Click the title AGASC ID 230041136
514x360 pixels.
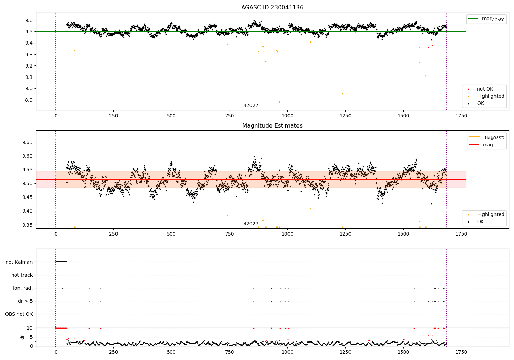(x=272, y=8)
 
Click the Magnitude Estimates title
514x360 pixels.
(x=272, y=126)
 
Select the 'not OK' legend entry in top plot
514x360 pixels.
(x=485, y=89)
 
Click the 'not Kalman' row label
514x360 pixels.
(x=19, y=262)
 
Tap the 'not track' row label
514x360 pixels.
(x=22, y=275)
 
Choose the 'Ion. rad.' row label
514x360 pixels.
(x=23, y=288)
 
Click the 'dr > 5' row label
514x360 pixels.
(x=25, y=301)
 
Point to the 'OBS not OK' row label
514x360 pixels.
(x=19, y=314)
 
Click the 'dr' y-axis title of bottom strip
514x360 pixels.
(x=22, y=337)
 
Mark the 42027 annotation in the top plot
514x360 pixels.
(x=251, y=106)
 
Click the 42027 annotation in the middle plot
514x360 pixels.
(x=251, y=224)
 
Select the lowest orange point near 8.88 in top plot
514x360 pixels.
(x=279, y=102)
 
